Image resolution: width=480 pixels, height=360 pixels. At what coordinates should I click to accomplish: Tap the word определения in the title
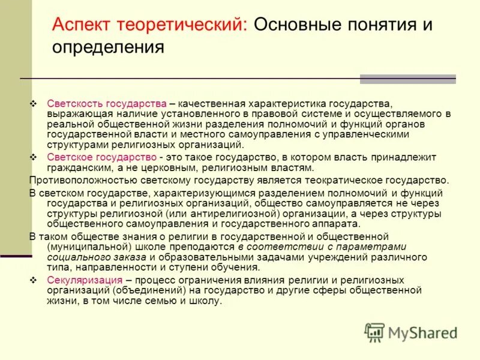click(108, 47)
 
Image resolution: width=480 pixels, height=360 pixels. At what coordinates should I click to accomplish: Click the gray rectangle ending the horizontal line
click(407, 79)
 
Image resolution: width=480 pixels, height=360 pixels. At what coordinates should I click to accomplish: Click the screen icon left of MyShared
click(375, 332)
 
